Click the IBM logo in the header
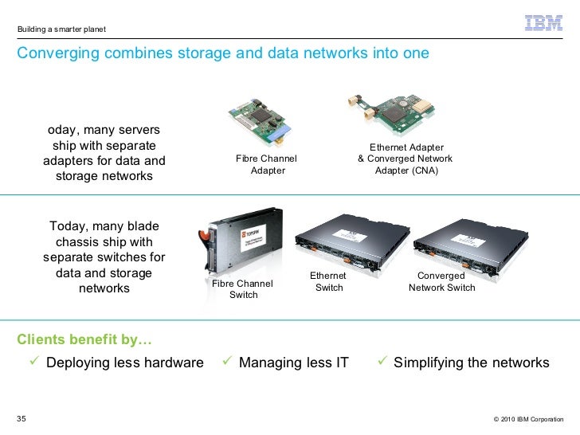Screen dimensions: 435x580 click(544, 24)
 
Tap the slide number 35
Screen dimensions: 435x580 click(22, 418)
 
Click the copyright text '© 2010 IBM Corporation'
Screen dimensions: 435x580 click(528, 419)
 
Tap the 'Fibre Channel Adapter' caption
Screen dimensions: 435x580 click(267, 164)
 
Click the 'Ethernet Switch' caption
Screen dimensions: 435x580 click(329, 281)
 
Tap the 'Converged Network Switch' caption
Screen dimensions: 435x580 click(441, 281)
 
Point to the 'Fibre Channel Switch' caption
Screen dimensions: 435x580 click(243, 289)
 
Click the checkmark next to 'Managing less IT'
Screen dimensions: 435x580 click(227, 362)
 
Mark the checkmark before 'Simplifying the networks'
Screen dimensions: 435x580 click(382, 362)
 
